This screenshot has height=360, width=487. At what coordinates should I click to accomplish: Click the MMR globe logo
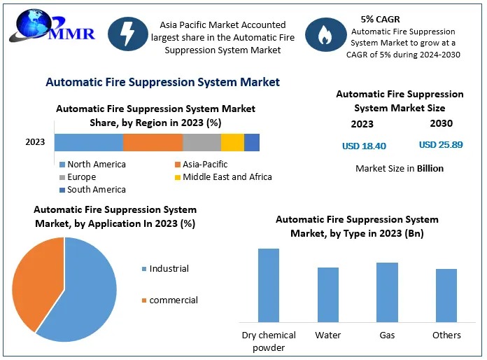pos(52,26)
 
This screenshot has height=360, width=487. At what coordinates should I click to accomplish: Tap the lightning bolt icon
pos(127,34)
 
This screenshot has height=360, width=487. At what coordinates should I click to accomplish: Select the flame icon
pos(325,34)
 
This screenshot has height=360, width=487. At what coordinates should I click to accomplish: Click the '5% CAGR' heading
pos(380,20)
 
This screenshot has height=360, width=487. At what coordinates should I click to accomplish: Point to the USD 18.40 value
pos(364,146)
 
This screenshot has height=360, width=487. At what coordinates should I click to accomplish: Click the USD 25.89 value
pos(441,144)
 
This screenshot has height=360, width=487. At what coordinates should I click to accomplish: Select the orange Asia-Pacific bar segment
pos(153,142)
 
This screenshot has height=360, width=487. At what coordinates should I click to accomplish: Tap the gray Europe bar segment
pos(202,142)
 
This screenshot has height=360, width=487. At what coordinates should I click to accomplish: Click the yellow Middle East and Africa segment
pos(232,142)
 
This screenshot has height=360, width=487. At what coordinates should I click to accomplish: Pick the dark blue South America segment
pos(252,142)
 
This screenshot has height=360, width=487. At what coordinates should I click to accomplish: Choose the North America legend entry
pos(92,164)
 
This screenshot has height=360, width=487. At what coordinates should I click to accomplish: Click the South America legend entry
pos(92,190)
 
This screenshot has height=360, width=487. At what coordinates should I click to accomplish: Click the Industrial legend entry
pos(165,269)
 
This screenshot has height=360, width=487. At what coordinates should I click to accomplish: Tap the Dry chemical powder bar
pos(269,285)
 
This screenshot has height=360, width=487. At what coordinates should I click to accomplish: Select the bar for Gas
pos(388,292)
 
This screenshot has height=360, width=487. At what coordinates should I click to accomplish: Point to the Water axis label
pos(328,335)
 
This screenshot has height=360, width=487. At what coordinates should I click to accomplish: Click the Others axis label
pos(446,335)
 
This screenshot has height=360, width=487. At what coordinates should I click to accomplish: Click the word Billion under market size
pos(430,168)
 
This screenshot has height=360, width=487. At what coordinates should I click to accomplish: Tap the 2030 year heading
pos(442,123)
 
